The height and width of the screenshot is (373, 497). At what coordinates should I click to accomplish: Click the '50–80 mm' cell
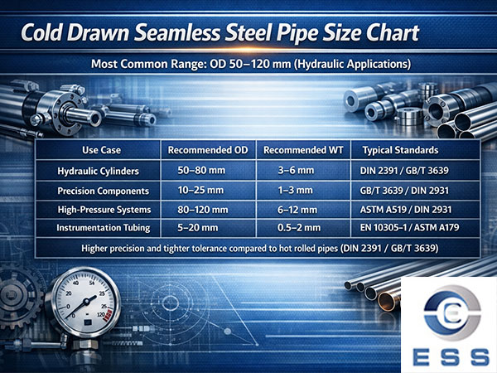click(204, 171)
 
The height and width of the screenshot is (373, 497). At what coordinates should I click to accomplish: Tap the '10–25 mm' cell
click(204, 190)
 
